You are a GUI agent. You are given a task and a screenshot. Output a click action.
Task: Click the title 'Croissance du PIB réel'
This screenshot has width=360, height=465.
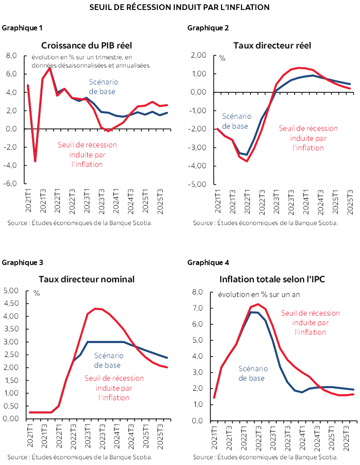86,46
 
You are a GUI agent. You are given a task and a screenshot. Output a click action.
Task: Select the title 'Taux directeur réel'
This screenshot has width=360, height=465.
272,46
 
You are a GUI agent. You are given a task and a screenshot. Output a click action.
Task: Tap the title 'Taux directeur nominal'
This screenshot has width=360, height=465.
86,279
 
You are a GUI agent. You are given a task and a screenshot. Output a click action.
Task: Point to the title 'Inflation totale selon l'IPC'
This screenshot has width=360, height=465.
272,279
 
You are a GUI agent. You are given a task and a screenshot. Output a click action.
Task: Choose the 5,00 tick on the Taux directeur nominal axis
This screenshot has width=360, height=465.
11,290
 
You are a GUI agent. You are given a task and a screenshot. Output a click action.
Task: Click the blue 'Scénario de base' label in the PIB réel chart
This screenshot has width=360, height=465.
103,87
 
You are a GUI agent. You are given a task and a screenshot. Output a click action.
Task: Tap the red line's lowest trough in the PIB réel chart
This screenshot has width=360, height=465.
35,161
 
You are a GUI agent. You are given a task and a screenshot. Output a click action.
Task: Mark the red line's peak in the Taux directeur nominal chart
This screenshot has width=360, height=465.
95,308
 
